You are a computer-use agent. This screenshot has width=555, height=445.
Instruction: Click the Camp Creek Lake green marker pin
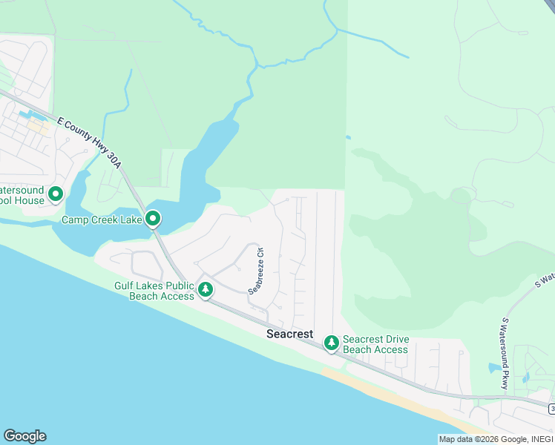pyautogui.click(x=153, y=218)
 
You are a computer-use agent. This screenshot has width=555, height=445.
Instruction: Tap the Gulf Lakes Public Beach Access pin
pyautogui.click(x=205, y=289)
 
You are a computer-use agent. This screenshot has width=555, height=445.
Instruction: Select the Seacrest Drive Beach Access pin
pyautogui.click(x=331, y=343)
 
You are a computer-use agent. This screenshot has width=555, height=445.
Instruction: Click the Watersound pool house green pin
pyautogui.click(x=56, y=194)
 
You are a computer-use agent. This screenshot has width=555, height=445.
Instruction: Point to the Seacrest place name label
pyautogui.click(x=290, y=334)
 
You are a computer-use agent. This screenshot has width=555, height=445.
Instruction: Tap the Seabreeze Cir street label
pyautogui.click(x=256, y=271)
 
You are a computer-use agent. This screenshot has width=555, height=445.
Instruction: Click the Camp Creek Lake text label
pyautogui.click(x=102, y=220)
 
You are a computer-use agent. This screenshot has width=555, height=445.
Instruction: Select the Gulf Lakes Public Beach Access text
pyautogui.click(x=154, y=291)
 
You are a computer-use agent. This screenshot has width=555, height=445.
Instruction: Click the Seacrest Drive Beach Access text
pyautogui.click(x=376, y=345)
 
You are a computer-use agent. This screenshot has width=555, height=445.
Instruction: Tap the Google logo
pyautogui.click(x=24, y=436)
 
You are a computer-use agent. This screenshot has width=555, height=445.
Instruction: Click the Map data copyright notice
pyautogui.click(x=496, y=439)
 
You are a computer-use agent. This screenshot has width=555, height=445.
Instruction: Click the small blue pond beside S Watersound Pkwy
pyautogui.click(x=494, y=368)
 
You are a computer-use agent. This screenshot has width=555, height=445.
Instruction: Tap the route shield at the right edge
pyautogui.click(x=551, y=409)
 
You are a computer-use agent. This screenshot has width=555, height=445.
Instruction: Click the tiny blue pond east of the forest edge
pyautogui.click(x=348, y=136)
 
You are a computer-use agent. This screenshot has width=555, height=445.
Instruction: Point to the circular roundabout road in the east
pyautogui.click(x=462, y=195)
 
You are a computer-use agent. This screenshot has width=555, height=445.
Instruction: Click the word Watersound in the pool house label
pyautogui.click(x=22, y=191)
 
